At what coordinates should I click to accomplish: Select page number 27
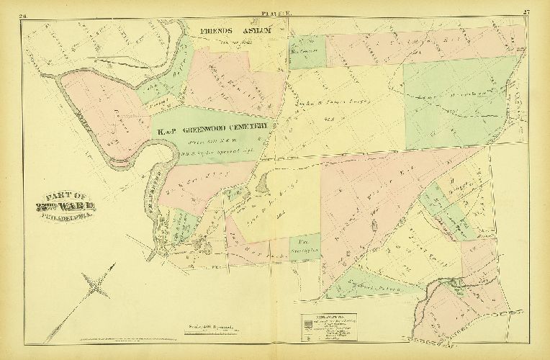tap(528, 9)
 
